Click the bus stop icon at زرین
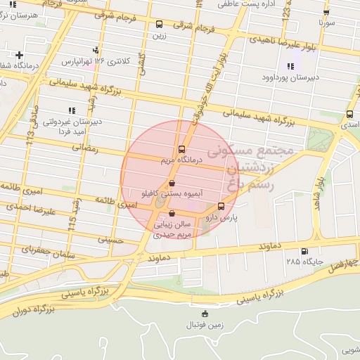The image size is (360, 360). click(159, 24)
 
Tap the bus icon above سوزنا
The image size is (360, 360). click(326, 13)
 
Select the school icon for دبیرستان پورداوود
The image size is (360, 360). click(290, 67)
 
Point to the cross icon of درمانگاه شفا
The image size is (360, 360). click(19, 55)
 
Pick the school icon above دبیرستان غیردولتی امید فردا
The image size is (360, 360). click(70, 110)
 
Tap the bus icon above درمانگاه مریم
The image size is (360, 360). click(182, 149)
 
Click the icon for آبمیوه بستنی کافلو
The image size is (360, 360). click(172, 182)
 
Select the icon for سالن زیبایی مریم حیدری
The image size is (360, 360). click(172, 213)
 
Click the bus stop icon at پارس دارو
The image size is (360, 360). click(221, 207)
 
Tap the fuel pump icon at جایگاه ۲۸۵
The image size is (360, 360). click(304, 252)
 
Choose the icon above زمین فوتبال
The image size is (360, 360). click(205, 314)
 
